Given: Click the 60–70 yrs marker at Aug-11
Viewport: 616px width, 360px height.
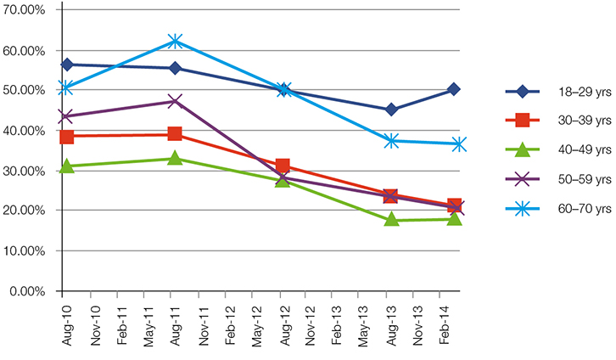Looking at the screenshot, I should click(x=175, y=41).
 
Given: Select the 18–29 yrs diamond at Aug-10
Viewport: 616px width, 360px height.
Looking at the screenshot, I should click(x=66, y=65).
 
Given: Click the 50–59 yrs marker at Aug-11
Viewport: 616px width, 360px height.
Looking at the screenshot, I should click(x=175, y=101).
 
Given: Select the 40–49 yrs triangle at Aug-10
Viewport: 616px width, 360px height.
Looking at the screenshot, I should click(x=66, y=166).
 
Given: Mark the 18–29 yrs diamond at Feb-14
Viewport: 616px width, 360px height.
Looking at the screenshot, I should click(x=455, y=89).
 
